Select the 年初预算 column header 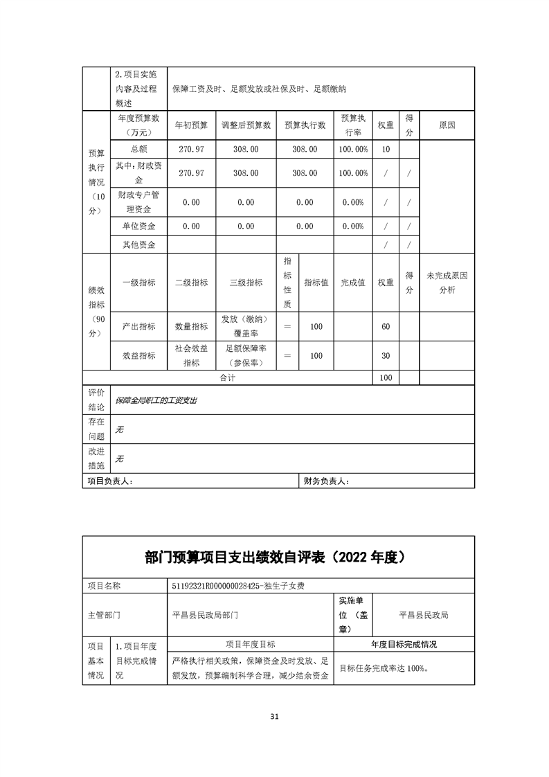pos(191,125)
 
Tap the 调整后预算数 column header pos(246,125)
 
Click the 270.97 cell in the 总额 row pos(191,149)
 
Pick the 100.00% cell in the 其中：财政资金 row pos(352,172)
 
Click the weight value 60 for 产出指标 pos(386,326)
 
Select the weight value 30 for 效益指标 pos(386,355)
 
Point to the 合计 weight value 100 pos(386,377)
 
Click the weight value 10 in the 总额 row pos(386,149)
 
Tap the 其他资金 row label pos(138,244)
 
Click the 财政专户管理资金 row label pos(138,202)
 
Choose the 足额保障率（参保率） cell pos(246,355)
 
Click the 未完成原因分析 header pos(447,283)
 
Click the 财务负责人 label pos(327,481)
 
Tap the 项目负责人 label pos(109,481)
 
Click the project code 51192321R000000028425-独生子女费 pos(239,586)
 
